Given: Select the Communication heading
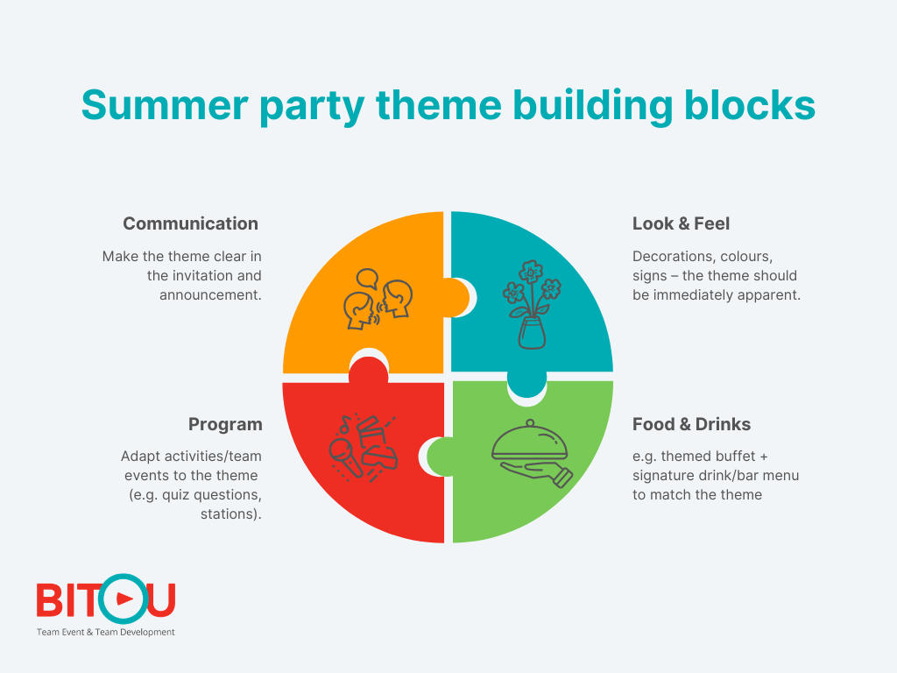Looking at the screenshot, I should pyautogui.click(x=190, y=223).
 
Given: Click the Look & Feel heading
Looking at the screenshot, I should pyautogui.click(x=681, y=223).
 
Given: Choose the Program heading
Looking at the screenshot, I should pyautogui.click(x=225, y=424).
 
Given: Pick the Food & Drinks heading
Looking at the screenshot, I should pyautogui.click(x=691, y=424).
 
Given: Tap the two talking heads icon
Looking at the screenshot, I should pyautogui.click(x=378, y=298).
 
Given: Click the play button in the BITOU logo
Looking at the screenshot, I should pyautogui.click(x=123, y=599).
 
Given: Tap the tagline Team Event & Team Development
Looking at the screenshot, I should pyautogui.click(x=105, y=632).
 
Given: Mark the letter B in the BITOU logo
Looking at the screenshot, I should pyautogui.click(x=50, y=600).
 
